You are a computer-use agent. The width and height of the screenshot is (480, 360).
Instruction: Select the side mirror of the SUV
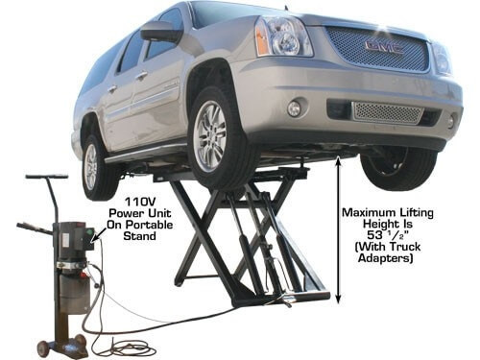point(162,32)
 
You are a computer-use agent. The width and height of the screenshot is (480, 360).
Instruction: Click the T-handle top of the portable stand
point(46,177)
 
